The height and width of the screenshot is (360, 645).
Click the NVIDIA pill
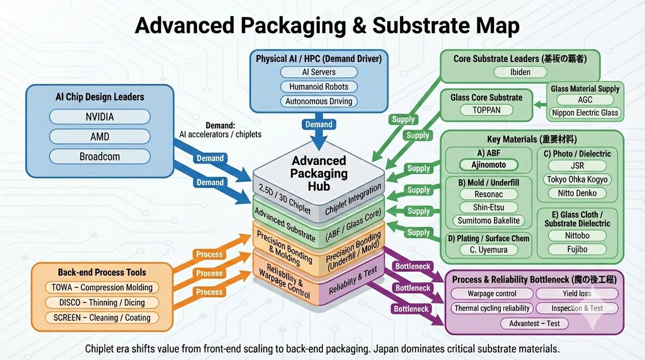click(99, 117)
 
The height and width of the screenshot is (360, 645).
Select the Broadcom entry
click(99, 156)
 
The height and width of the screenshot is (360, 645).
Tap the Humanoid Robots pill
click(319, 87)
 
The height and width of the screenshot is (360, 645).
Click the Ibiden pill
click(520, 72)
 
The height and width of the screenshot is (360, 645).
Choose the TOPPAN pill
click(486, 110)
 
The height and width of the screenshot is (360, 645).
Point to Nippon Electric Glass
click(585, 112)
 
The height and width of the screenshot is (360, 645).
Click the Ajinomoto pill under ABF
click(489, 165)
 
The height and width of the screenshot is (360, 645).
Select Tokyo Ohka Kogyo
click(577, 179)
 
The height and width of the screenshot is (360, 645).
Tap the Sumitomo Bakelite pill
click(489, 220)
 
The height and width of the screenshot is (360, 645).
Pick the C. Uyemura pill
click(489, 249)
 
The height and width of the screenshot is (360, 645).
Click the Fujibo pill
click(577, 249)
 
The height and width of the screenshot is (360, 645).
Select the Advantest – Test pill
click(534, 323)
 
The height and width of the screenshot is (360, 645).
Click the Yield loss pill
click(577, 293)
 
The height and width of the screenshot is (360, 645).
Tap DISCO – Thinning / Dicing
click(102, 303)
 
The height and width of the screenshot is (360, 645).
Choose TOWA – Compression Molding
click(102, 287)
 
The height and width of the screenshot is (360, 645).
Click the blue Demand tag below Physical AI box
click(319, 124)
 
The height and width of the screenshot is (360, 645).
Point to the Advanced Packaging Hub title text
click(319, 173)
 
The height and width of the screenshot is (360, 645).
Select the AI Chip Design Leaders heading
click(99, 97)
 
